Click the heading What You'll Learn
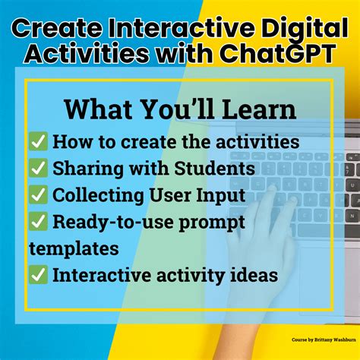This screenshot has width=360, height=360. (180, 108)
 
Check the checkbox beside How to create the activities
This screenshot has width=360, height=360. (38, 142)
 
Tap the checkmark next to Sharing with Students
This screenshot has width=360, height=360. (38, 169)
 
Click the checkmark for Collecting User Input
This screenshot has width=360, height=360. (38, 195)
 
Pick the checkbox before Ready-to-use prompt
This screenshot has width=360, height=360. (38, 222)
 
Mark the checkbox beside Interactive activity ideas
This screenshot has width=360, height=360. (38, 275)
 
